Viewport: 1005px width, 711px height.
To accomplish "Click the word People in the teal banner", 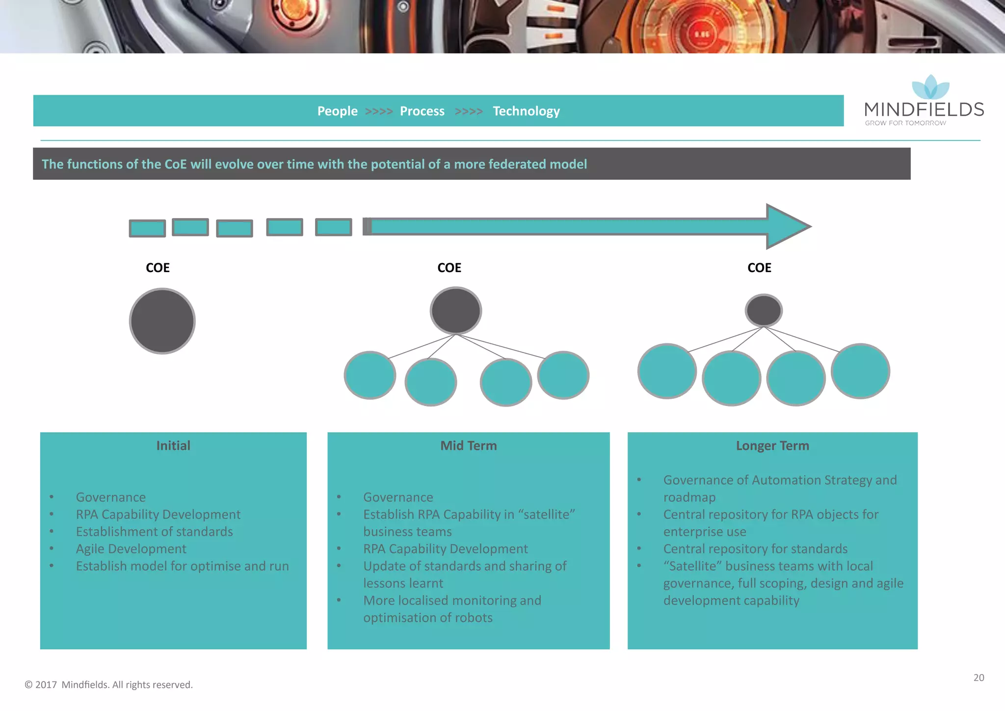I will click(x=337, y=111).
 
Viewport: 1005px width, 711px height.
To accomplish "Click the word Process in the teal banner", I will click(x=422, y=111).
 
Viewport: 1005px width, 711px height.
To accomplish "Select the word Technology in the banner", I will click(x=526, y=111).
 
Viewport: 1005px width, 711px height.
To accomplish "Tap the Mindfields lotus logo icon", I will click(x=930, y=87).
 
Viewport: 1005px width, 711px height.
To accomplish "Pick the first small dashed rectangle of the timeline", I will click(x=147, y=228).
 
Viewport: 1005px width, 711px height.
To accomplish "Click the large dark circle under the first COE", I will click(x=162, y=321).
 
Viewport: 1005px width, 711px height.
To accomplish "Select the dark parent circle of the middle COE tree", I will click(x=456, y=311).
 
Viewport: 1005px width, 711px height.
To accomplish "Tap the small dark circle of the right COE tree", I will click(x=764, y=310).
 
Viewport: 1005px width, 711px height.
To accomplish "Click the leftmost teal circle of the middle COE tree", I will click(x=370, y=375).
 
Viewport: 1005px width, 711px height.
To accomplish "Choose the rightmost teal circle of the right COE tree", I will click(x=860, y=371).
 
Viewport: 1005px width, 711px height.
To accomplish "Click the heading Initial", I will click(x=173, y=446).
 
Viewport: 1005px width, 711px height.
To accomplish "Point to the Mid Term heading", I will click(x=468, y=446).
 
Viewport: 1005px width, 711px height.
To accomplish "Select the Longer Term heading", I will click(x=772, y=446).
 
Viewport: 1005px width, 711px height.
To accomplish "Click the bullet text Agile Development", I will click(x=131, y=549).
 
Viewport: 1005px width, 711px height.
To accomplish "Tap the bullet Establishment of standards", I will click(x=154, y=532).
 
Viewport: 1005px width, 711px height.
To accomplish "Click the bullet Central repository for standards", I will click(x=755, y=549).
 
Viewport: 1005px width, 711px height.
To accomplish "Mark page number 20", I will click(x=979, y=678).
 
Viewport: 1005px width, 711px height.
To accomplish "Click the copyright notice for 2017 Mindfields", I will click(x=109, y=684).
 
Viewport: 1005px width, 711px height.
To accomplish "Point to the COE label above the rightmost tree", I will click(x=759, y=268).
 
